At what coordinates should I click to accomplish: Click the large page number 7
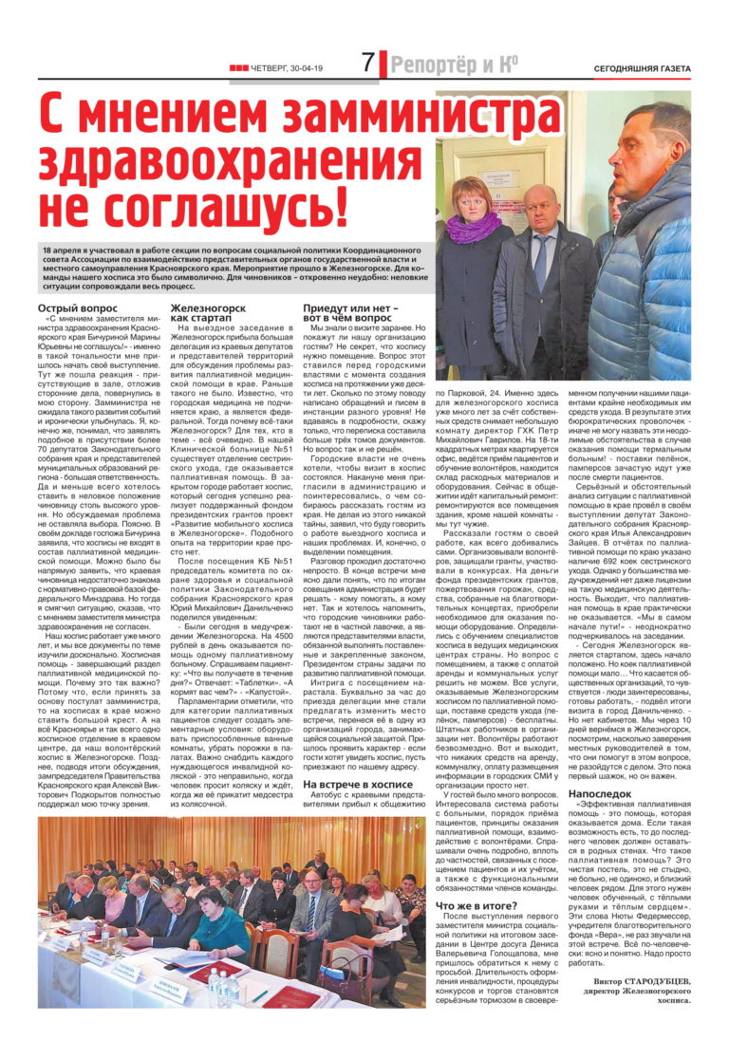tap(368, 64)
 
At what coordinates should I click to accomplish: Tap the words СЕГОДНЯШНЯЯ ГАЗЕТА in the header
tap(643, 67)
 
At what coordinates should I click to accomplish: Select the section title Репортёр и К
tap(455, 65)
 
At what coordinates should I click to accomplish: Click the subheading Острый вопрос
tap(78, 308)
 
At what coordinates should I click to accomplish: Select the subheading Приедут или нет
tap(346, 314)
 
